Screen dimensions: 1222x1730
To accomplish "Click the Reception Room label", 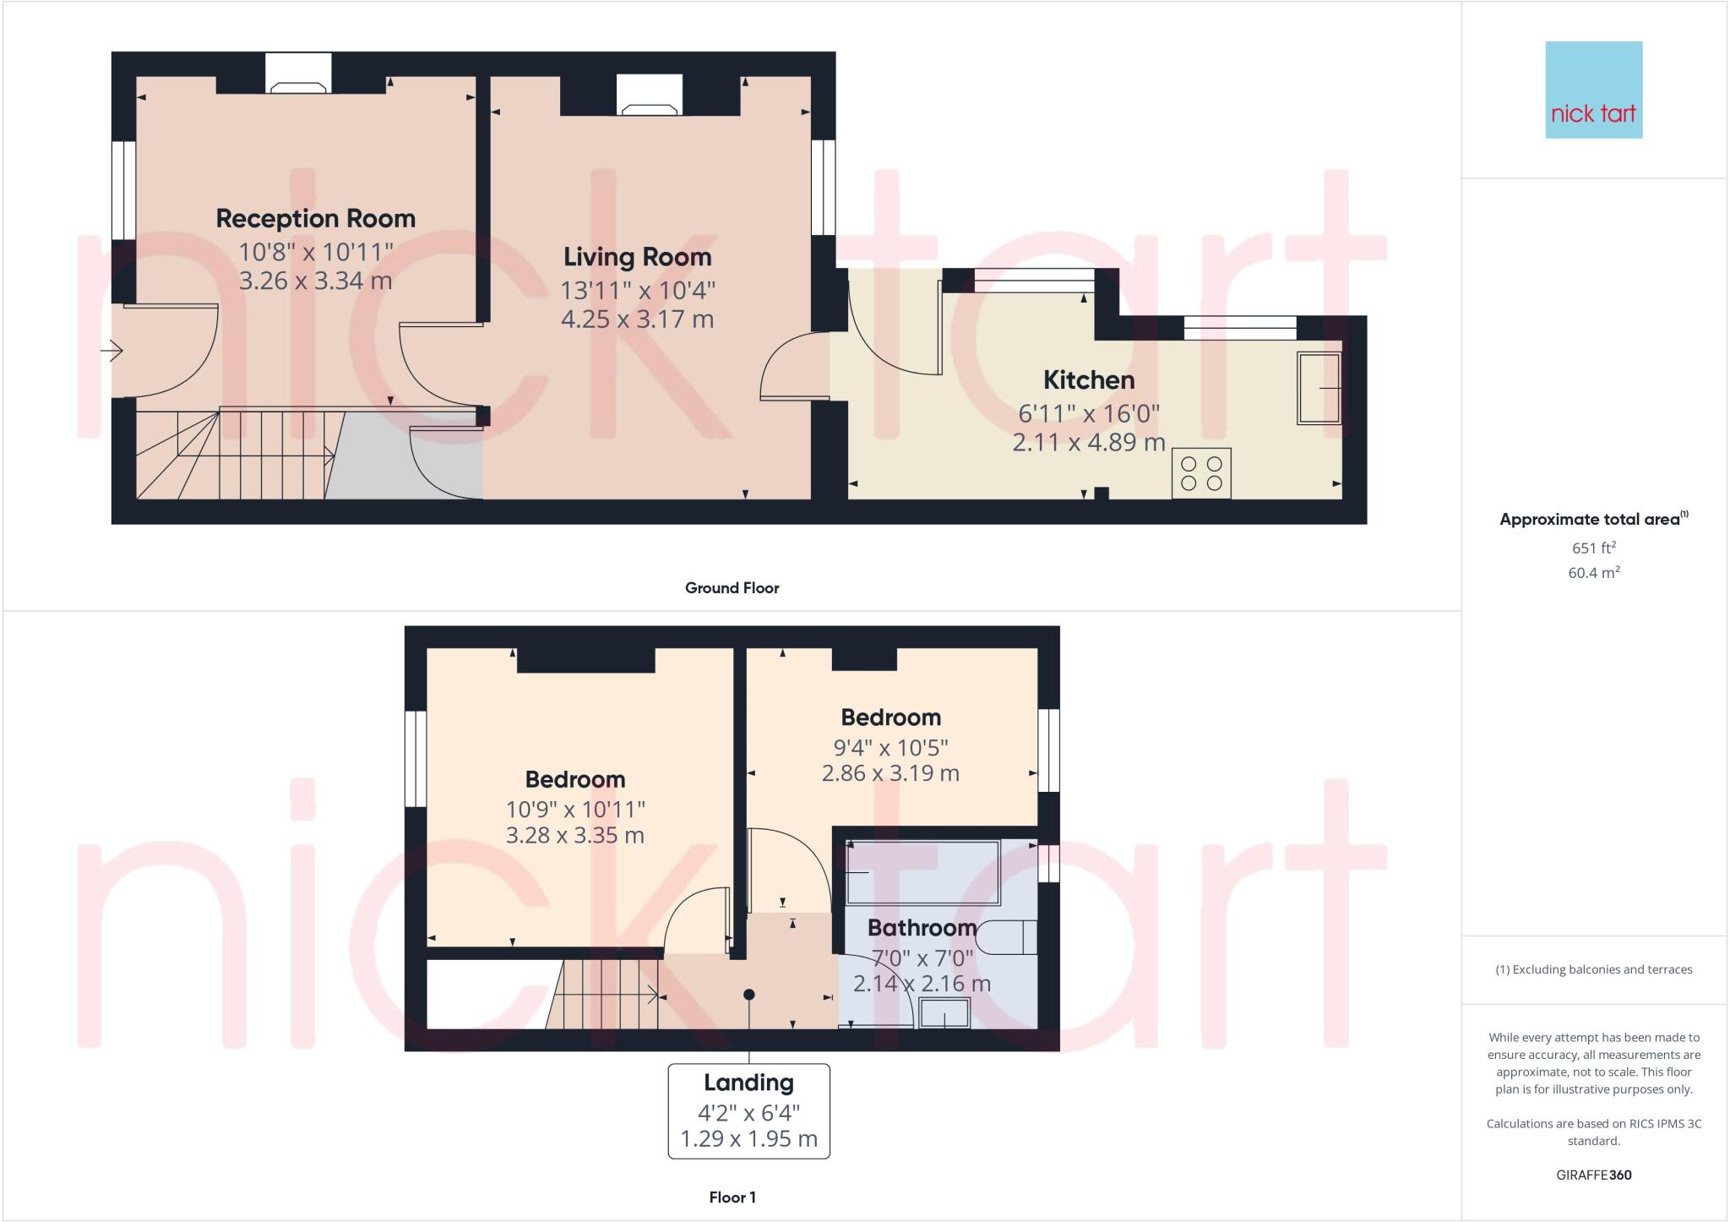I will (x=315, y=219).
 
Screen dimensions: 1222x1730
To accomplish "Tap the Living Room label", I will (x=637, y=257).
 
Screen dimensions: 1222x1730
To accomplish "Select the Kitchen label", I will (x=1088, y=380).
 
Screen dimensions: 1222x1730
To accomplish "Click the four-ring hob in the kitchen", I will (x=1200, y=473).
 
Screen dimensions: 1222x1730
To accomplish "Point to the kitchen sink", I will (x=1319, y=388).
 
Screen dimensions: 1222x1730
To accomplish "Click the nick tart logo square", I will (x=1593, y=90).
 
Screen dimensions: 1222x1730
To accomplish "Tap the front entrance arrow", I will (x=112, y=350).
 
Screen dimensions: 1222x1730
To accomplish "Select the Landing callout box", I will (x=748, y=1110).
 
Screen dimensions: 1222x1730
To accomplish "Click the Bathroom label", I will (x=922, y=928).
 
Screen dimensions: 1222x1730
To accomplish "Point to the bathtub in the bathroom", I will (x=922, y=872).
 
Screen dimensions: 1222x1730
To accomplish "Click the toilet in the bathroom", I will (x=1009, y=936).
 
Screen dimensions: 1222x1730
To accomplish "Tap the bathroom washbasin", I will (x=944, y=1013).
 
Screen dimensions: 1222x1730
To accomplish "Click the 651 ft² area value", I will (x=1593, y=548).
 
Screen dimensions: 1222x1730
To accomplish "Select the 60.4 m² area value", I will (x=1593, y=573).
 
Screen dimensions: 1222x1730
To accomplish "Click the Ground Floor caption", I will (x=732, y=588).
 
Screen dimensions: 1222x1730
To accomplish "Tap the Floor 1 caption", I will (x=732, y=1197).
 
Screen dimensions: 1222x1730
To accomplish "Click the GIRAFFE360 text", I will (x=1593, y=1175).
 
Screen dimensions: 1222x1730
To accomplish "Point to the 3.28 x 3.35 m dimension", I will (x=574, y=836).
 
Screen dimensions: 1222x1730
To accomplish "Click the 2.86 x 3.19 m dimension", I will (x=890, y=773).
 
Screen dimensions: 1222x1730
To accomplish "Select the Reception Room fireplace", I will (x=298, y=74).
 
